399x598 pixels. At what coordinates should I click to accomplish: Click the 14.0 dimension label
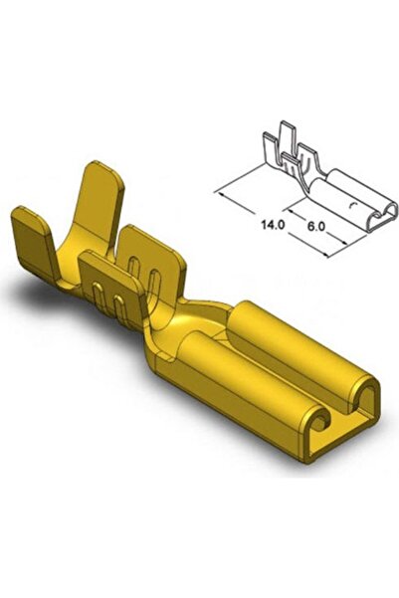[x=274, y=226]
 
